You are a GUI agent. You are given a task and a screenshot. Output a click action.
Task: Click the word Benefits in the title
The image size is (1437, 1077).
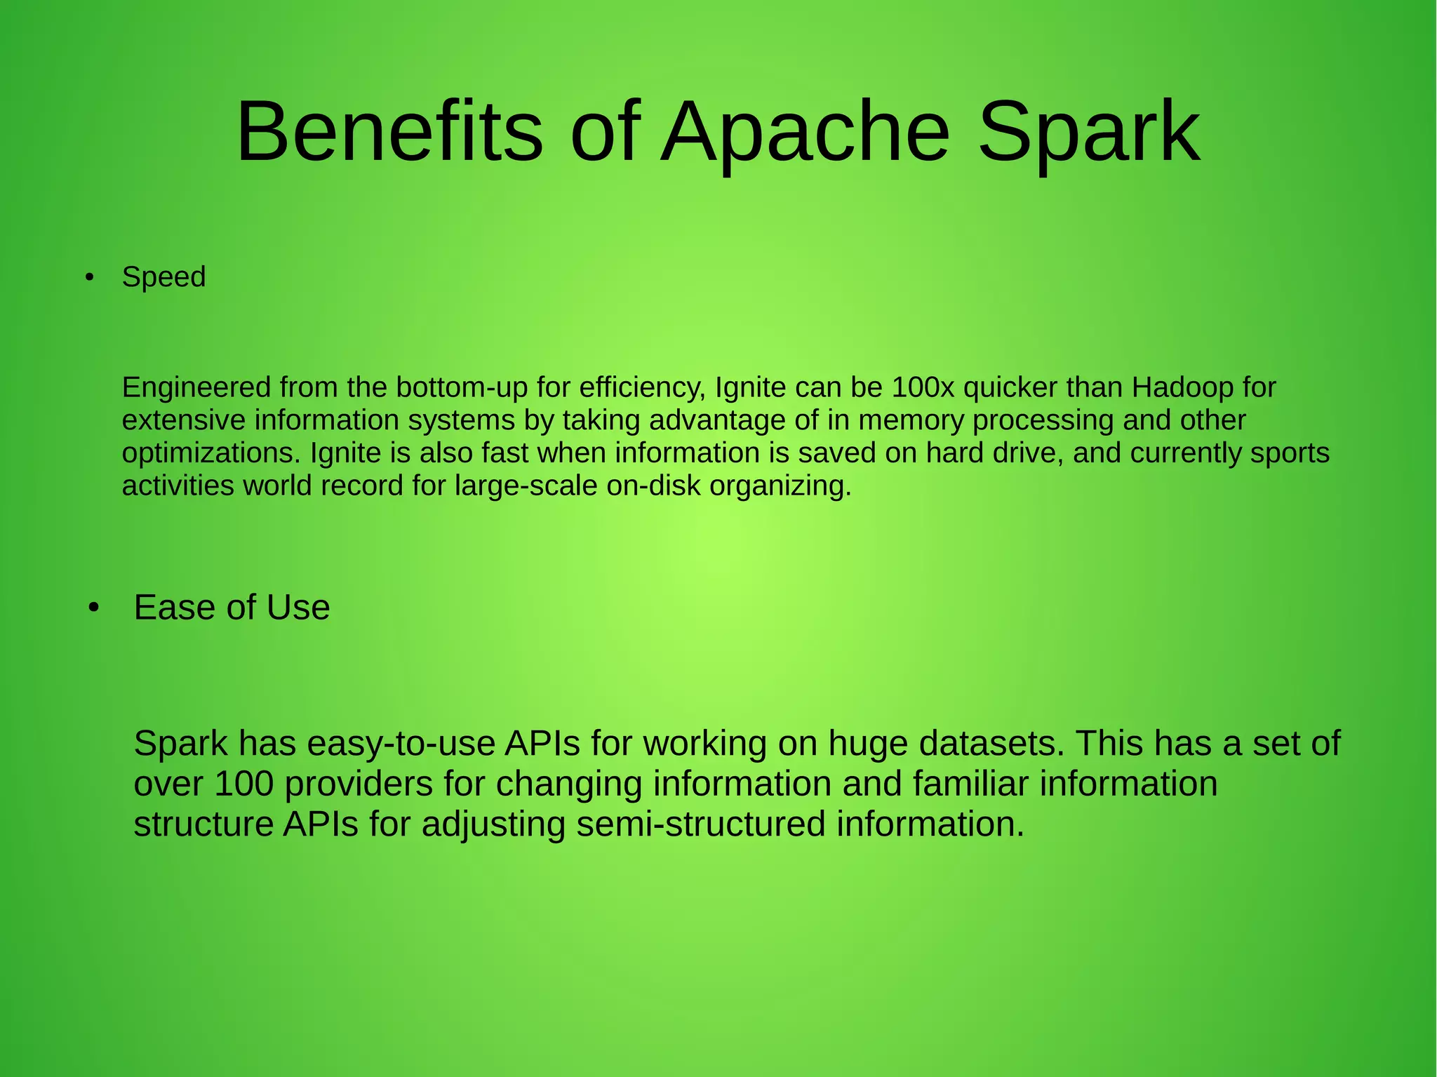389,132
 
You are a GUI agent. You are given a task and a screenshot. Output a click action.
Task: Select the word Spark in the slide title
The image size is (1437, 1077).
1088,132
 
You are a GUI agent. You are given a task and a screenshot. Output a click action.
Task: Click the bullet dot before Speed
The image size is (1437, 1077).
88,279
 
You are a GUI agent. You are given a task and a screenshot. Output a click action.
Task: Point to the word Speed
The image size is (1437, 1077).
163,277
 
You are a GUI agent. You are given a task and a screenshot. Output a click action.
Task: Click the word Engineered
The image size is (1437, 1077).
196,387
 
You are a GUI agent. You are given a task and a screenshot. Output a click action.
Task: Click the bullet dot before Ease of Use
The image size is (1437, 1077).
95,608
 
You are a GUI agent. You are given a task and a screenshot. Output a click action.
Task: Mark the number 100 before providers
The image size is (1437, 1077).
243,784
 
